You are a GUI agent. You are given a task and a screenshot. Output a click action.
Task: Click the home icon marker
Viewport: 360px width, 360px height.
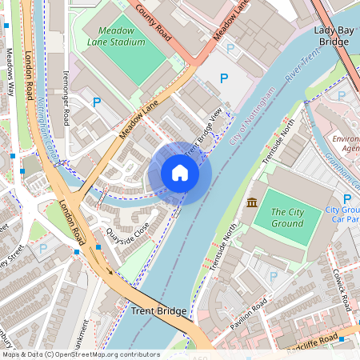click(x=180, y=173)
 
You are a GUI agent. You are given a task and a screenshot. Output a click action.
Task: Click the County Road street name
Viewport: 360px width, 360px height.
click(x=154, y=20)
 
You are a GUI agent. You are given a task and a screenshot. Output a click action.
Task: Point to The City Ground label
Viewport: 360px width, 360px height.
click(x=287, y=217)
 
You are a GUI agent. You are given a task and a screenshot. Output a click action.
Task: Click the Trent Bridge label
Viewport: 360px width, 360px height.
click(x=158, y=311)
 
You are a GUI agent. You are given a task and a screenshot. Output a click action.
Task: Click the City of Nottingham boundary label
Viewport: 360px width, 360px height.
click(x=252, y=115)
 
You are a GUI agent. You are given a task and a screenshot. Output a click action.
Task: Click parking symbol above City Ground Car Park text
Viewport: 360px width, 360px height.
click(x=346, y=198)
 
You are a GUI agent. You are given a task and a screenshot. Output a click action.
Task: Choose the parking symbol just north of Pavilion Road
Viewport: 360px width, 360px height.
click(x=273, y=277)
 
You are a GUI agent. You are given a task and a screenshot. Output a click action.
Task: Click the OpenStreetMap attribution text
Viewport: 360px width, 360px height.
click(x=80, y=354)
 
